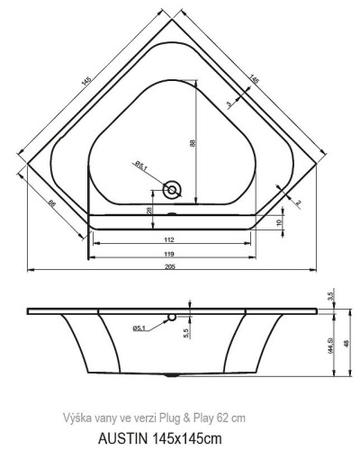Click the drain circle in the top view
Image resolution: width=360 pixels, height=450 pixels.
click(173, 189)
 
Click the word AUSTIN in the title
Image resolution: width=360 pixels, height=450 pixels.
click(115, 438)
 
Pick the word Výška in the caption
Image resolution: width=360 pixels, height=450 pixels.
click(76, 418)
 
